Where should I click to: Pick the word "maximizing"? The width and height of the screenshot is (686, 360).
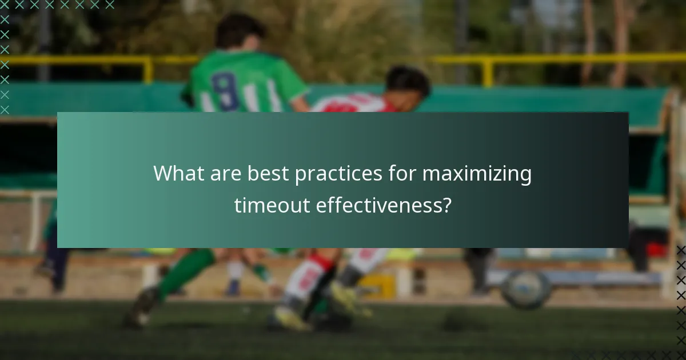pyautogui.click(x=477, y=174)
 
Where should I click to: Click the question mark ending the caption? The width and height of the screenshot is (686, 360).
pyautogui.click(x=446, y=205)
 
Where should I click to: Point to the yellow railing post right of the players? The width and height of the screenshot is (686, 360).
pyautogui.click(x=487, y=71)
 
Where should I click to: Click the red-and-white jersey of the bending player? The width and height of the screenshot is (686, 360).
pyautogui.click(x=352, y=104)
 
